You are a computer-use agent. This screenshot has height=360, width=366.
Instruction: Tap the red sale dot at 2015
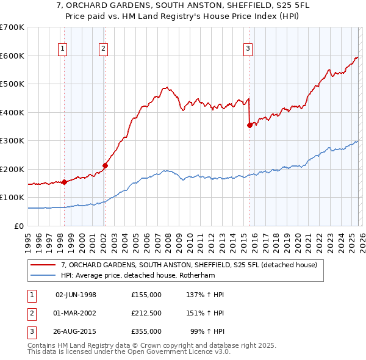tap(249, 125)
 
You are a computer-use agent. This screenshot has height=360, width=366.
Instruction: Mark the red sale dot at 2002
tap(105, 165)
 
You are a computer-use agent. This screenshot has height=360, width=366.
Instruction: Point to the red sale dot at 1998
tap(64, 181)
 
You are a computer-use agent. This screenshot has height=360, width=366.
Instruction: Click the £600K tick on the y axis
tap(12, 56)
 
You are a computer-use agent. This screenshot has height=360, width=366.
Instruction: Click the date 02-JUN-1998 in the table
tap(76, 295)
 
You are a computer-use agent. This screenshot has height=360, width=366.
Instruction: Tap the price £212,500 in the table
tap(146, 313)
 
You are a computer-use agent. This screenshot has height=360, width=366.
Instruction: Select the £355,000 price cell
tap(146, 331)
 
